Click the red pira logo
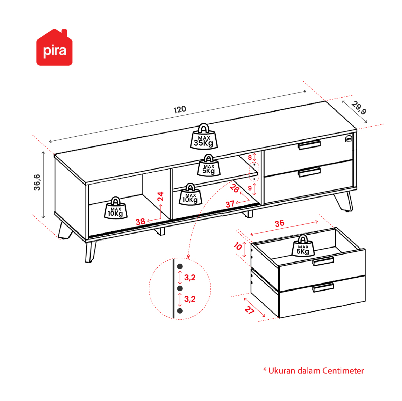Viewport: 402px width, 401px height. point(54,48)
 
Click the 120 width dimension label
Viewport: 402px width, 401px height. point(180,110)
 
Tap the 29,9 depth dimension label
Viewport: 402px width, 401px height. point(359,108)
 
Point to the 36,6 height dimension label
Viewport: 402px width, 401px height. point(37,182)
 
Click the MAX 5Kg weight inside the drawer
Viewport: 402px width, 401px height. point(303,246)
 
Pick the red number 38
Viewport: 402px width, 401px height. point(140,222)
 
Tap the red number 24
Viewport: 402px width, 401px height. point(161,196)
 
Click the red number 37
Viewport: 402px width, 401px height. point(230,204)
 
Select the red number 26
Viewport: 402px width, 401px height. point(234,188)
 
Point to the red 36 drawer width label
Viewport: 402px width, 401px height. point(279,224)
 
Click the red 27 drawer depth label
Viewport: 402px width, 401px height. point(249,310)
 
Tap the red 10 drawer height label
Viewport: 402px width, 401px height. point(238,246)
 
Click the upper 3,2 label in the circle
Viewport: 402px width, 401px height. point(190,277)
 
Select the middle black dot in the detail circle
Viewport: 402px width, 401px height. point(180,288)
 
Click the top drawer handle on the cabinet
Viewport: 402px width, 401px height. point(309,145)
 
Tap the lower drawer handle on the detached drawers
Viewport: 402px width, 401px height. point(323,287)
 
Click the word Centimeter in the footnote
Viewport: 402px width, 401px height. point(343,371)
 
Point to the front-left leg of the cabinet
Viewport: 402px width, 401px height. point(90,252)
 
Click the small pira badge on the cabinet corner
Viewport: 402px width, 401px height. point(348,138)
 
